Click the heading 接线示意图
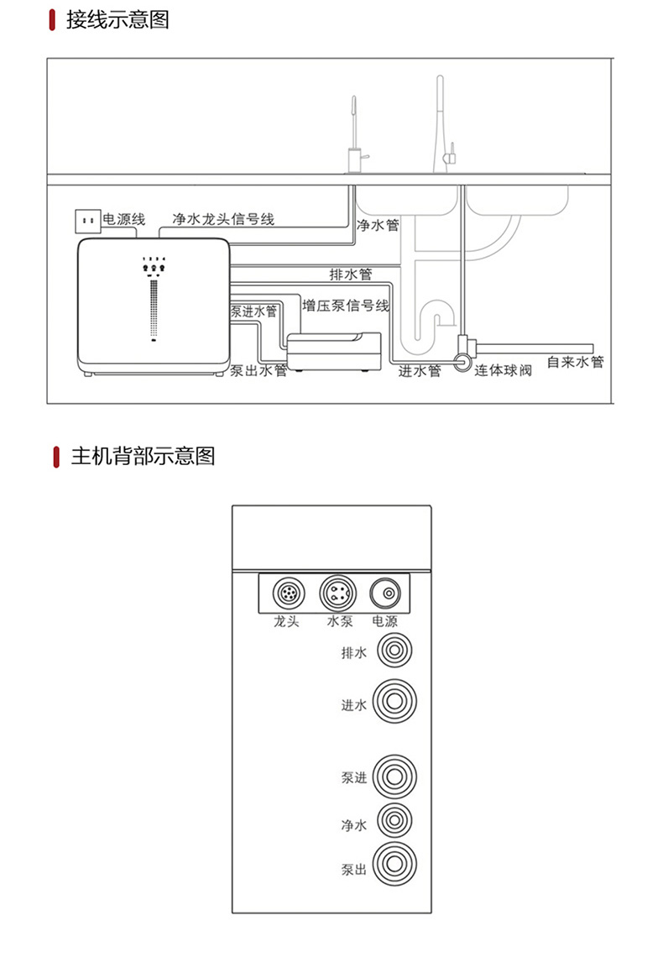point(117,19)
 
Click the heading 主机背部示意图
point(143,456)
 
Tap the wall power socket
point(86,221)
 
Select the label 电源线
point(124,220)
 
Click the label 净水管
point(378,226)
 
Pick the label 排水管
point(351,275)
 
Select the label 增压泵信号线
point(347,306)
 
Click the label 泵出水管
point(258,370)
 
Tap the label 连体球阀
point(504,370)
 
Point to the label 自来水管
point(575,363)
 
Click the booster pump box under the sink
point(335,353)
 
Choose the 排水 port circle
point(394,652)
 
